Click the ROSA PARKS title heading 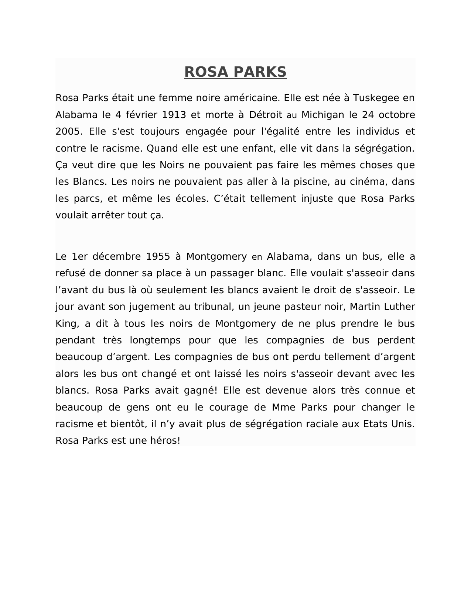[x=235, y=72]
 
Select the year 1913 [x=174, y=115]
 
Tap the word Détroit [x=266, y=115]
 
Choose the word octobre [x=396, y=115]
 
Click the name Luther [x=400, y=307]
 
